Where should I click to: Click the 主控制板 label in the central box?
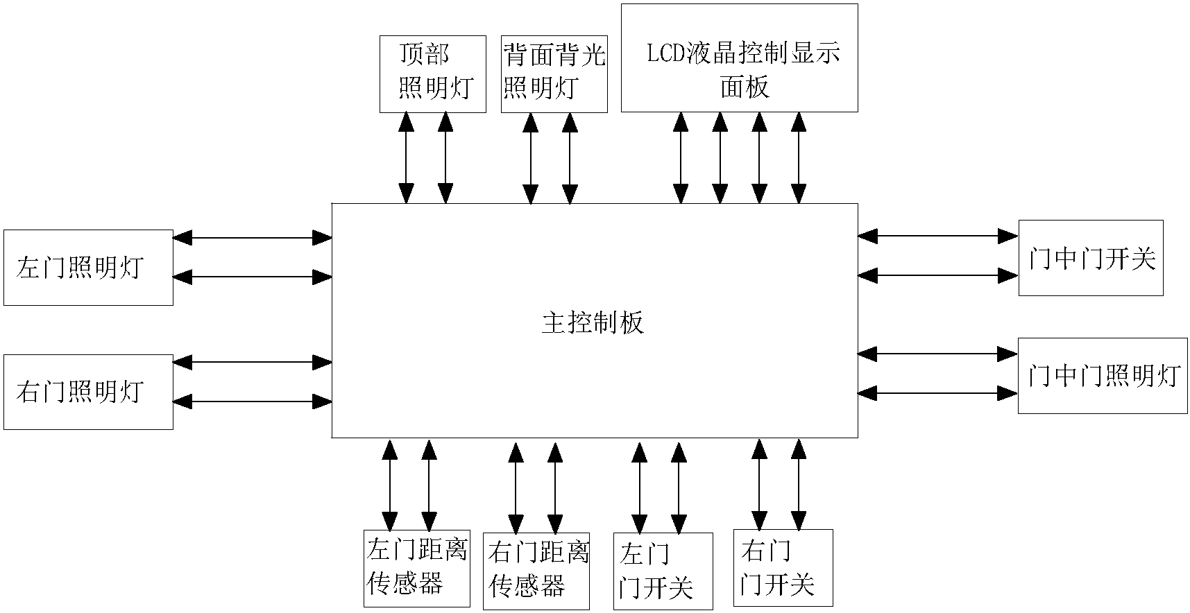[x=593, y=323]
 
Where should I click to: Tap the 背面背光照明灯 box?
[x=554, y=74]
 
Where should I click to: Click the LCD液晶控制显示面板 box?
[x=739, y=58]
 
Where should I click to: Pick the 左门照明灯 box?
[x=88, y=268]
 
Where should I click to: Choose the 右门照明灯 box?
[x=88, y=392]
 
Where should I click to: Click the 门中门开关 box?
[x=1090, y=258]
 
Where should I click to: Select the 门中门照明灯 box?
[x=1102, y=376]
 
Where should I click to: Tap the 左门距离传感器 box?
[x=416, y=569]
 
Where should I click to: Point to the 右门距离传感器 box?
[x=536, y=571]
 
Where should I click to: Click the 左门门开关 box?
[x=663, y=571]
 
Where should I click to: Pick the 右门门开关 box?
[x=783, y=567]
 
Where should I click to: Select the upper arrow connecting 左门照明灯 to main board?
[x=252, y=238]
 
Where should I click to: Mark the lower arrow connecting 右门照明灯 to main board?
[x=252, y=401]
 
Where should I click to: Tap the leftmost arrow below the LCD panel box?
[x=681, y=157]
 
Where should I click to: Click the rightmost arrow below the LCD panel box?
[x=799, y=157]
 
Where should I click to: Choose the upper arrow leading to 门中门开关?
[x=937, y=236]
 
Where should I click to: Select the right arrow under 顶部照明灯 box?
[x=445, y=157]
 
